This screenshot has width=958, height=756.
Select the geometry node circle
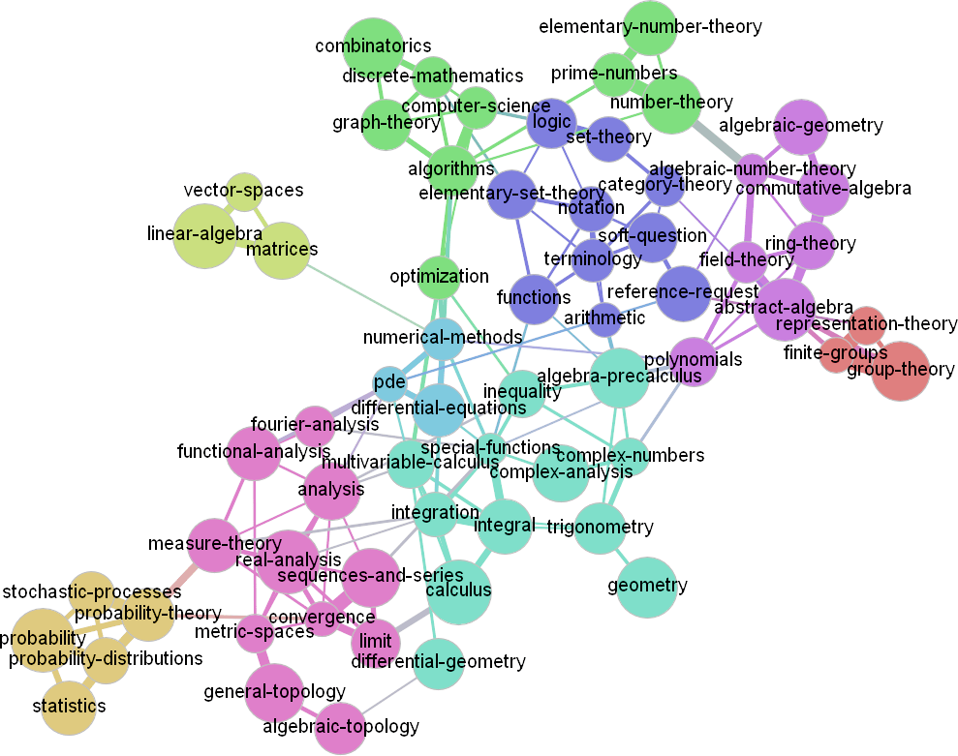click(647, 587)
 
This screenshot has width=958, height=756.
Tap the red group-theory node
click(900, 371)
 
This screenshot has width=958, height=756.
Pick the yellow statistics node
click(68, 707)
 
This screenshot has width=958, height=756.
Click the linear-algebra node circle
click(203, 235)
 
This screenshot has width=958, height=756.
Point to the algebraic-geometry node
click(802, 126)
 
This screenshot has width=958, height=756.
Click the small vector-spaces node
click(243, 191)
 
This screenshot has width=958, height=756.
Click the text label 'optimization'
click(439, 276)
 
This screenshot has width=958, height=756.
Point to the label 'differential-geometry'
click(438, 662)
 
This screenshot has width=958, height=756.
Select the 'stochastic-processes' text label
click(92, 591)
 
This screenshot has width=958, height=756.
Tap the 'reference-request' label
click(683, 291)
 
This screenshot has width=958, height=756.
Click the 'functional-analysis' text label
click(254, 452)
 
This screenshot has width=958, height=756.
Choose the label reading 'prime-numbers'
click(614, 73)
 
